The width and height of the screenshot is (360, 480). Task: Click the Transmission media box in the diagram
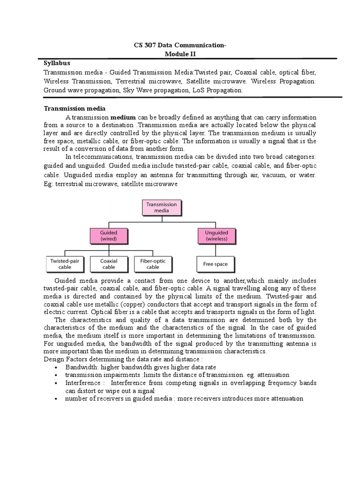162,208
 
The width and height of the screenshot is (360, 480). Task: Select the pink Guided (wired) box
109,235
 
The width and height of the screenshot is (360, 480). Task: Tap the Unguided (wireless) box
216,235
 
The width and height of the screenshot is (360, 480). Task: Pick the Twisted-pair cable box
65,264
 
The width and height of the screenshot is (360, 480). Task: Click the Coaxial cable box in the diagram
109,264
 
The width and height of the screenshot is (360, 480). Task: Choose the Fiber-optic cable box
153,264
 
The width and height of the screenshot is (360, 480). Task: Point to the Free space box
215,264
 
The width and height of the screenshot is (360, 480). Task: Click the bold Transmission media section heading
75,108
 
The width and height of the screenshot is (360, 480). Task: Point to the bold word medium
123,117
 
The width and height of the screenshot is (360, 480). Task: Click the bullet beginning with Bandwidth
141,367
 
